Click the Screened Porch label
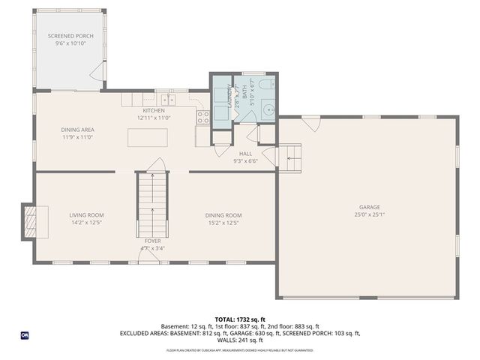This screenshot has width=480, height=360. [x=70, y=36]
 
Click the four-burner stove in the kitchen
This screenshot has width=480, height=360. [x=203, y=116]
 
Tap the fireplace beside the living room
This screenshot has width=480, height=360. [x=29, y=221]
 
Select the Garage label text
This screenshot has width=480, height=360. [x=369, y=207]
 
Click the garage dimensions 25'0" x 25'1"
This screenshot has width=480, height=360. [x=369, y=214]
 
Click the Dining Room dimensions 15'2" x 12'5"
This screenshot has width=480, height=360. [x=223, y=222]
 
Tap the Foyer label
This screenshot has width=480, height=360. [x=152, y=241]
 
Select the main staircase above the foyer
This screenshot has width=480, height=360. [x=152, y=202]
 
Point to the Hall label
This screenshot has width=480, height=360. [x=245, y=154]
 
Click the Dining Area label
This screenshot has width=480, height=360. [x=77, y=130]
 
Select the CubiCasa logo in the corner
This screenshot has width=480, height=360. [x=25, y=335]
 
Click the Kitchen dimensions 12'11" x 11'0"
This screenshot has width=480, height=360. [x=154, y=118]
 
